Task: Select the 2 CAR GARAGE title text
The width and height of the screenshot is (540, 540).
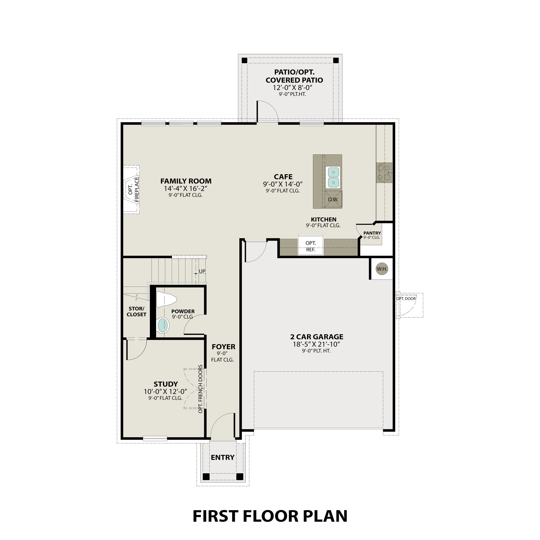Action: pyautogui.click(x=317, y=337)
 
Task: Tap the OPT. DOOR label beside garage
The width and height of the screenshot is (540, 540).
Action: pyautogui.click(x=406, y=299)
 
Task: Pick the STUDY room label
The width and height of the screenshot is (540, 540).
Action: pyautogui.click(x=166, y=384)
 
